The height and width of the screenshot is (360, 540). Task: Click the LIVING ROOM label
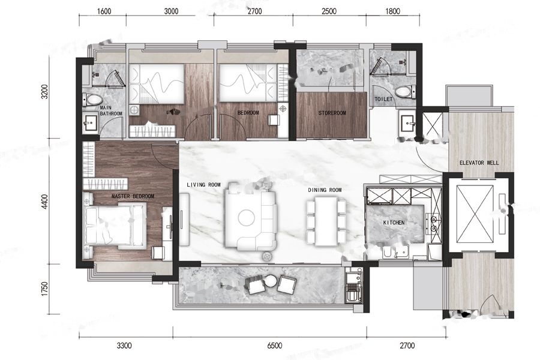[203, 185]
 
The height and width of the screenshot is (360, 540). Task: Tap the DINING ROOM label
[325, 190]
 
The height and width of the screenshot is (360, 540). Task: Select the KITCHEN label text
[394, 223]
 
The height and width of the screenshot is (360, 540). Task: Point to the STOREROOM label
[332, 113]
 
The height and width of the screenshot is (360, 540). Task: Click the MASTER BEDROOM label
[133, 196]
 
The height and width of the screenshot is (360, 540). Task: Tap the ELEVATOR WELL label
[479, 163]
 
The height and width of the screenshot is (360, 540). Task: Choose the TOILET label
[383, 99]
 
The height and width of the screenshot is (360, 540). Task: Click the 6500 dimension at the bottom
[274, 345]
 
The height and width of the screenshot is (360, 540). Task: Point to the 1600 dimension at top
[104, 11]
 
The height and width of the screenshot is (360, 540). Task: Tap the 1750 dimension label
[44, 289]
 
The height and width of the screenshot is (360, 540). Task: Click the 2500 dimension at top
[329, 11]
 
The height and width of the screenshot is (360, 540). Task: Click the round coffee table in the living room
[247, 218]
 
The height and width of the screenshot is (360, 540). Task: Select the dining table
[326, 221]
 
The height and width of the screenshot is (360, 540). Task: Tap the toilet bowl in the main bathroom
[92, 100]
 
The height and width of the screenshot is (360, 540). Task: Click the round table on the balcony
[271, 280]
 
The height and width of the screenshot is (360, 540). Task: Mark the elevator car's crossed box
[474, 214]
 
